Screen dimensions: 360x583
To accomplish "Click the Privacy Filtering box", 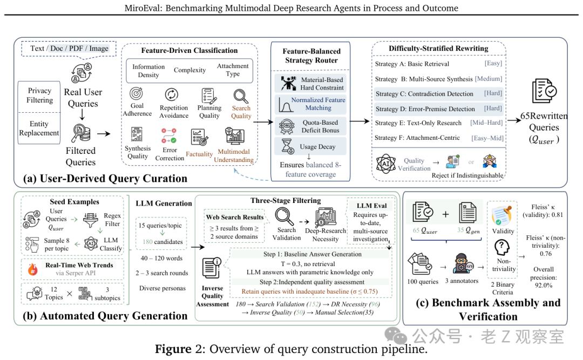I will point(39,95).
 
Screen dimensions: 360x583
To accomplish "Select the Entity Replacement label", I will point(39,128).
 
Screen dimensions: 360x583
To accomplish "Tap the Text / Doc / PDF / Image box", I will point(70,49).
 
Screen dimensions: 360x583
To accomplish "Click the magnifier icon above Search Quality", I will point(241,96).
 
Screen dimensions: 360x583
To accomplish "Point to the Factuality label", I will point(199,154).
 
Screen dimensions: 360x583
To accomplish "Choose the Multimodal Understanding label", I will point(234,155).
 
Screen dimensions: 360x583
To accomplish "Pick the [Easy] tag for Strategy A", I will point(493,64).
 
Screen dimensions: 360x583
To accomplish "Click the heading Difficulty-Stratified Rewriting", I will point(438,49).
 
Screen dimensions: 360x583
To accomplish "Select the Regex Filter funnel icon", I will point(90,220).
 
